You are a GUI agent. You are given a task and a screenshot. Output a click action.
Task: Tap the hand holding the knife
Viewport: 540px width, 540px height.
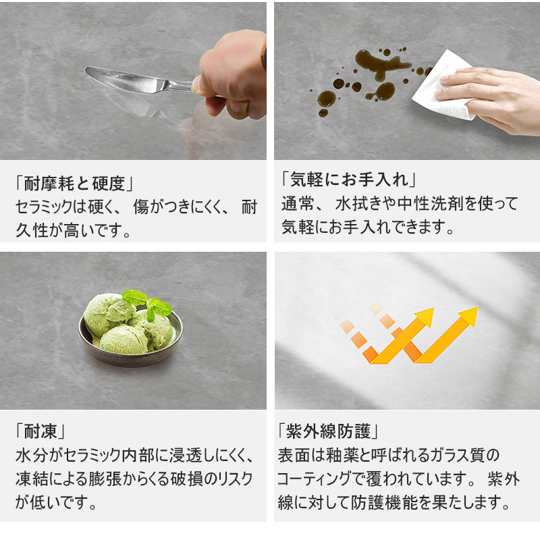click(232, 76)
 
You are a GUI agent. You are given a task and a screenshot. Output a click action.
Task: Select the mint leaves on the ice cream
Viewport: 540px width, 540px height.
click(147, 304)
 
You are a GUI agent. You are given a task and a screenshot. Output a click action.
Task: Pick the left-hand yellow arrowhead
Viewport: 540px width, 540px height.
click(425, 317)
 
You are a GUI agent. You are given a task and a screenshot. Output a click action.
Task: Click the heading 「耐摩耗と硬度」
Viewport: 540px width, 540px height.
click(74, 183)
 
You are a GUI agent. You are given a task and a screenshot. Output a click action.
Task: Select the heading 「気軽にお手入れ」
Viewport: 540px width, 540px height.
click(348, 180)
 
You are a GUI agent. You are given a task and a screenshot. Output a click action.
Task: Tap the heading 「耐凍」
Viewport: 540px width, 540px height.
click(40, 431)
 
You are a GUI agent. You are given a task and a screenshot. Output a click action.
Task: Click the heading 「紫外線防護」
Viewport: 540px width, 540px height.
click(328, 431)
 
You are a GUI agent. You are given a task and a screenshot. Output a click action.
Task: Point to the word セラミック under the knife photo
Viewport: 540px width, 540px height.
click(44, 207)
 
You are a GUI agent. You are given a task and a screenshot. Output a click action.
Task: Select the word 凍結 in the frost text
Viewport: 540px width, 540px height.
click(32, 479)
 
